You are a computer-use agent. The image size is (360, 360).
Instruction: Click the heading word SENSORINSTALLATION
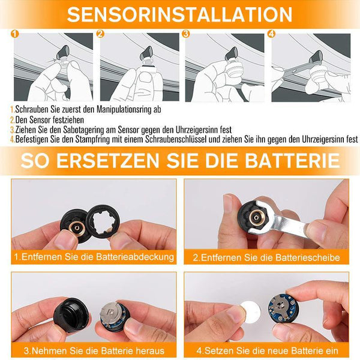(x=179, y=14)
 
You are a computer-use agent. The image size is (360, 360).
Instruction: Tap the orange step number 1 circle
(x=14, y=34)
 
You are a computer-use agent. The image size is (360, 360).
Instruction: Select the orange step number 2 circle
(x=100, y=34)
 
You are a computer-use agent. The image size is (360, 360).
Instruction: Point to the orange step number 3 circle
(x=186, y=34)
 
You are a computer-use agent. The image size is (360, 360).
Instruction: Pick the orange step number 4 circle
(x=271, y=34)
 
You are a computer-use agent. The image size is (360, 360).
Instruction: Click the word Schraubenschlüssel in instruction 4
(x=176, y=139)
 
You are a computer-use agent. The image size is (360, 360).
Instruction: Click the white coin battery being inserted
(x=250, y=311)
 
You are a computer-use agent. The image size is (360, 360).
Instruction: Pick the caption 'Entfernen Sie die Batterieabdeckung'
(x=94, y=257)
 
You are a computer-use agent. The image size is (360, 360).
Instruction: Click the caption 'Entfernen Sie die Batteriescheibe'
(x=266, y=257)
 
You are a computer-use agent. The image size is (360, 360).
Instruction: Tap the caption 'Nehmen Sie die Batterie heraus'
(x=94, y=351)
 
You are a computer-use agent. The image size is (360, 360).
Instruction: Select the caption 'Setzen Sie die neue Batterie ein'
(x=267, y=351)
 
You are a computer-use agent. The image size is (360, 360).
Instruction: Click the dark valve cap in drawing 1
(x=63, y=52)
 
